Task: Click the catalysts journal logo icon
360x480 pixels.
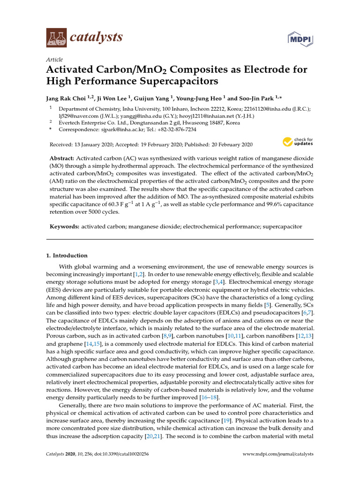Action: [56, 37]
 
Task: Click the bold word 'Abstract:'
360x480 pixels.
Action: [62, 159]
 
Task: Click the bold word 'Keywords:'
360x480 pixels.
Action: [65, 226]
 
